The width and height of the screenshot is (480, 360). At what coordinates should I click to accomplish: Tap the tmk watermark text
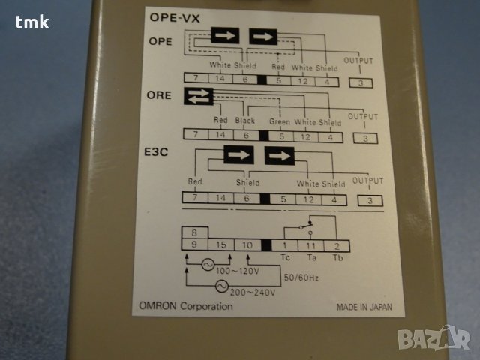(x=32, y=22)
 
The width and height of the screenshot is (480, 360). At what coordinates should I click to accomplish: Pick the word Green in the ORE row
(x=279, y=121)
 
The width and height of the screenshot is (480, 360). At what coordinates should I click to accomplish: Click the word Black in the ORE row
(x=245, y=121)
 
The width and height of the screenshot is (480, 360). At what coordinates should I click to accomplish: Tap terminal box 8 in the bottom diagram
(x=194, y=233)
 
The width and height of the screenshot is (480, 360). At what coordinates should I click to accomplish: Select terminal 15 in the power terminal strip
(x=220, y=245)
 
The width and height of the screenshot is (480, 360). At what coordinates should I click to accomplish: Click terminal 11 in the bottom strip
(x=310, y=245)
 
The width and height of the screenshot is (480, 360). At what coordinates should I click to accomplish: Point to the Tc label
(x=285, y=257)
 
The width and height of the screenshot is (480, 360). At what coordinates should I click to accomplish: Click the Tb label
(x=337, y=257)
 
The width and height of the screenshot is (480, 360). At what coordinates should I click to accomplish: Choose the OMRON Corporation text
(x=180, y=306)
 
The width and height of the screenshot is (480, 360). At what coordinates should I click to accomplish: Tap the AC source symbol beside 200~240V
(x=221, y=286)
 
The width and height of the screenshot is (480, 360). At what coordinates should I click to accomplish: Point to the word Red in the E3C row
(x=195, y=182)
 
